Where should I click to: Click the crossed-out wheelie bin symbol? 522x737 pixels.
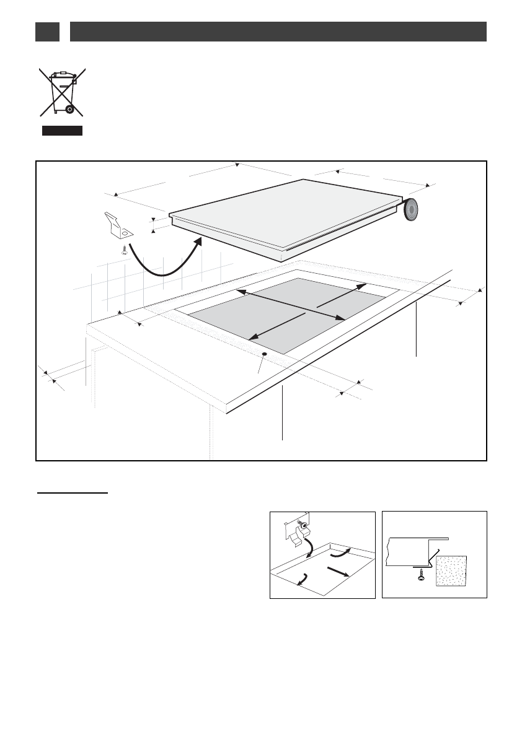pyautogui.click(x=62, y=93)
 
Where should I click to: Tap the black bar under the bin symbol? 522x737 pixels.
pyautogui.click(x=62, y=131)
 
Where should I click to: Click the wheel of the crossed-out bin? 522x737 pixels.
pyautogui.click(x=70, y=110)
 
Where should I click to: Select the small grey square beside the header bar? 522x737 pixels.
pyautogui.click(x=47, y=32)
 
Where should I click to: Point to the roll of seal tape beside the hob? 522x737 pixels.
pyautogui.click(x=411, y=210)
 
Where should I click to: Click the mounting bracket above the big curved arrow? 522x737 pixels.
pyautogui.click(x=118, y=225)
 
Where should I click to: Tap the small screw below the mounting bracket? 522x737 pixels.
pyautogui.click(x=124, y=250)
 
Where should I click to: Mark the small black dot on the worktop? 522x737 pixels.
pyautogui.click(x=265, y=354)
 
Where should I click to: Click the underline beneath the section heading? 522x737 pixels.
pyautogui.click(x=71, y=494)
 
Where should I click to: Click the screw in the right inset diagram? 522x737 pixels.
pyautogui.click(x=422, y=574)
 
